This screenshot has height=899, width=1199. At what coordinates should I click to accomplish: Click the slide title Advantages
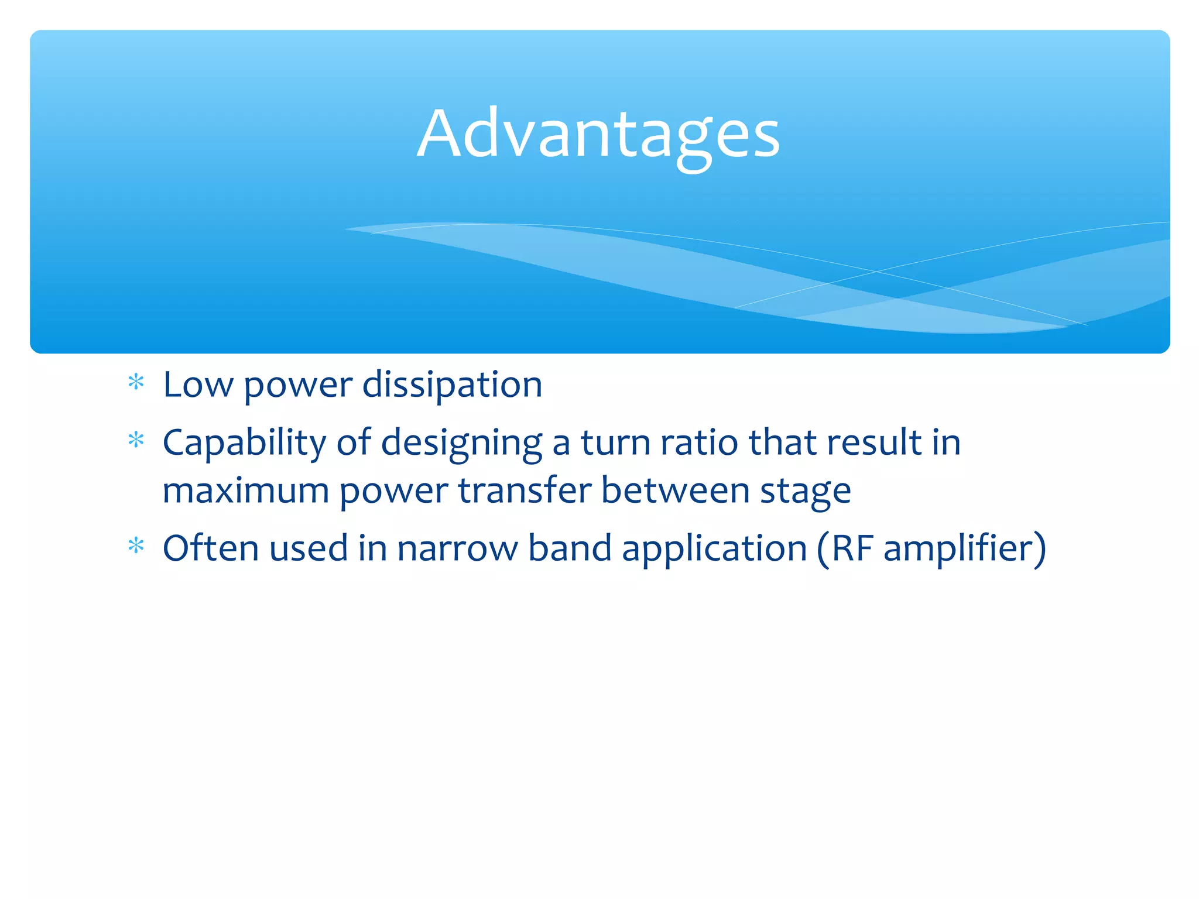tap(598, 135)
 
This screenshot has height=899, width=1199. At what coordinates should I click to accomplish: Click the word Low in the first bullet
tap(198, 385)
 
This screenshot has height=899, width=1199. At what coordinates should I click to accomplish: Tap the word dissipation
tap(452, 385)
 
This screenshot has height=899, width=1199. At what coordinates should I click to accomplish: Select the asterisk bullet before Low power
tap(136, 383)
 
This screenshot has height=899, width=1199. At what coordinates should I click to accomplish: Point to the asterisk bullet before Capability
tap(136, 440)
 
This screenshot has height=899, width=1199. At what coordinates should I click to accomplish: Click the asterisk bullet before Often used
tap(136, 546)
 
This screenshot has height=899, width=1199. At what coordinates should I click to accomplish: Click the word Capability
tap(244, 442)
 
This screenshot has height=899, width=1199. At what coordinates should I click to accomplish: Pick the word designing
tap(461, 444)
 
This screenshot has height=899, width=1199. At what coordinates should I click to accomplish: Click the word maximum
tap(246, 490)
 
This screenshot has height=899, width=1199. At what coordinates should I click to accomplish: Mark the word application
tap(714, 550)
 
